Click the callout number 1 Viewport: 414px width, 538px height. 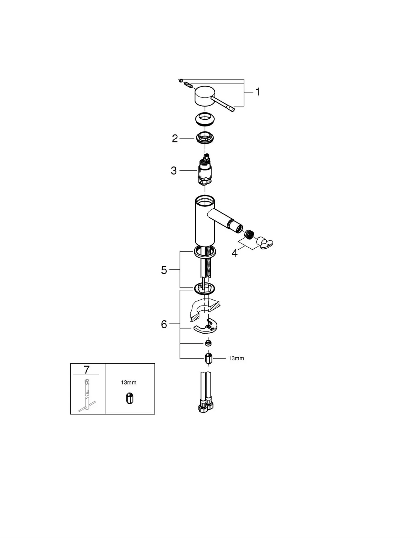pyautogui.click(x=257, y=92)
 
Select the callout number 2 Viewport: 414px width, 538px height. pyautogui.click(x=175, y=139)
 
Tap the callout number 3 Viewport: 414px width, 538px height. pyautogui.click(x=174, y=170)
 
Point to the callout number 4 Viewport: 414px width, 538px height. pyautogui.click(x=235, y=253)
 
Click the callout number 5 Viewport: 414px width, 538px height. pyautogui.click(x=164, y=270)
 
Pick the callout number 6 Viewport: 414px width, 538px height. pyautogui.click(x=164, y=324)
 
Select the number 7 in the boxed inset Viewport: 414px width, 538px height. pyautogui.click(x=87, y=370)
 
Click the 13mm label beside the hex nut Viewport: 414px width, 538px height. pyautogui.click(x=236, y=358)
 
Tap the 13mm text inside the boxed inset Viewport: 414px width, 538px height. pyautogui.click(x=128, y=382)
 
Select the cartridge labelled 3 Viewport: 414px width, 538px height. pyautogui.click(x=205, y=171)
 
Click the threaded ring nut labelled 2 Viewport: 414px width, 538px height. pyautogui.click(x=206, y=137)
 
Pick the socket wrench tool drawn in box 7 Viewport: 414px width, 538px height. pyautogui.click(x=86, y=397)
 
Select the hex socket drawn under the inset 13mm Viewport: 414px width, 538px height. pyautogui.click(x=130, y=398)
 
